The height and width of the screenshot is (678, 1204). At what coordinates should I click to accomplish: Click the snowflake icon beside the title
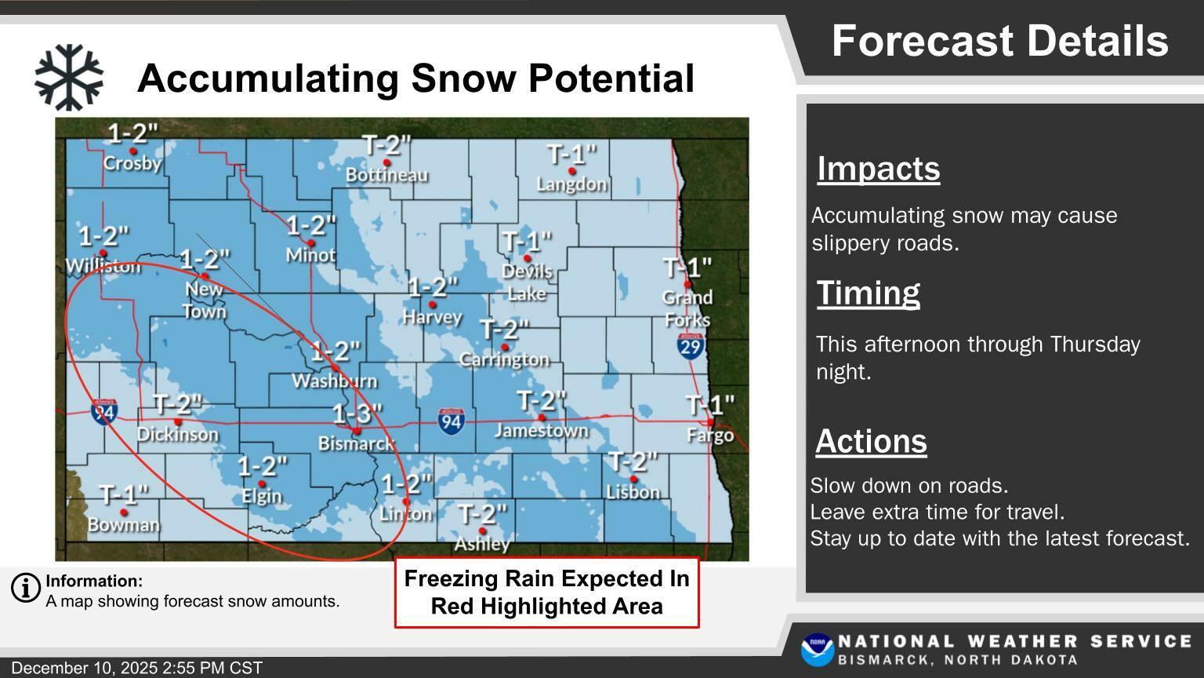(x=69, y=78)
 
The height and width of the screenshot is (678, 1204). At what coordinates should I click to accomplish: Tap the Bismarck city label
(x=357, y=443)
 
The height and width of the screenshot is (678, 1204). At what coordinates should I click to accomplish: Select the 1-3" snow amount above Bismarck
(x=357, y=414)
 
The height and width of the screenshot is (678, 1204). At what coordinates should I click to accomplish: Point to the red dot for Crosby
(x=132, y=151)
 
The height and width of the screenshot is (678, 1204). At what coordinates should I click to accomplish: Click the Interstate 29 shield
(x=690, y=346)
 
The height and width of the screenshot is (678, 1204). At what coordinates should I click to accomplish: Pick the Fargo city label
(x=710, y=436)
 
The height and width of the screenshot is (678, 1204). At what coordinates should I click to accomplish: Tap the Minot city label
(x=310, y=254)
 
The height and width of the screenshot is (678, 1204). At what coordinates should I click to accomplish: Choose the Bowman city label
(x=124, y=525)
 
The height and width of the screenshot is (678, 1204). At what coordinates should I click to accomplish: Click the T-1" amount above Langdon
(x=572, y=155)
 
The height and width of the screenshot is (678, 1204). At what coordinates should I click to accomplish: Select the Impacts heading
(x=878, y=169)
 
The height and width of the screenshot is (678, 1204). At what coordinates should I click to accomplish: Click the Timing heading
(x=868, y=293)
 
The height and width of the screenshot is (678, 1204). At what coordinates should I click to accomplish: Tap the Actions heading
(x=872, y=442)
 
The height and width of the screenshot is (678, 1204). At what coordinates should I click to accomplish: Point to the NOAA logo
(x=818, y=650)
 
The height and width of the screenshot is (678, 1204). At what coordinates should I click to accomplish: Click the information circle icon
(x=26, y=587)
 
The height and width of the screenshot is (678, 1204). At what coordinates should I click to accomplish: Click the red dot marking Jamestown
(x=542, y=417)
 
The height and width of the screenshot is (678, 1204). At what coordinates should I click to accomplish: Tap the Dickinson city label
(x=178, y=434)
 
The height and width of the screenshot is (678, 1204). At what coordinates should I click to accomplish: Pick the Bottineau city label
(x=387, y=175)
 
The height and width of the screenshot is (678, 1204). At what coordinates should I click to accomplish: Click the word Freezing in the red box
(x=451, y=579)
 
